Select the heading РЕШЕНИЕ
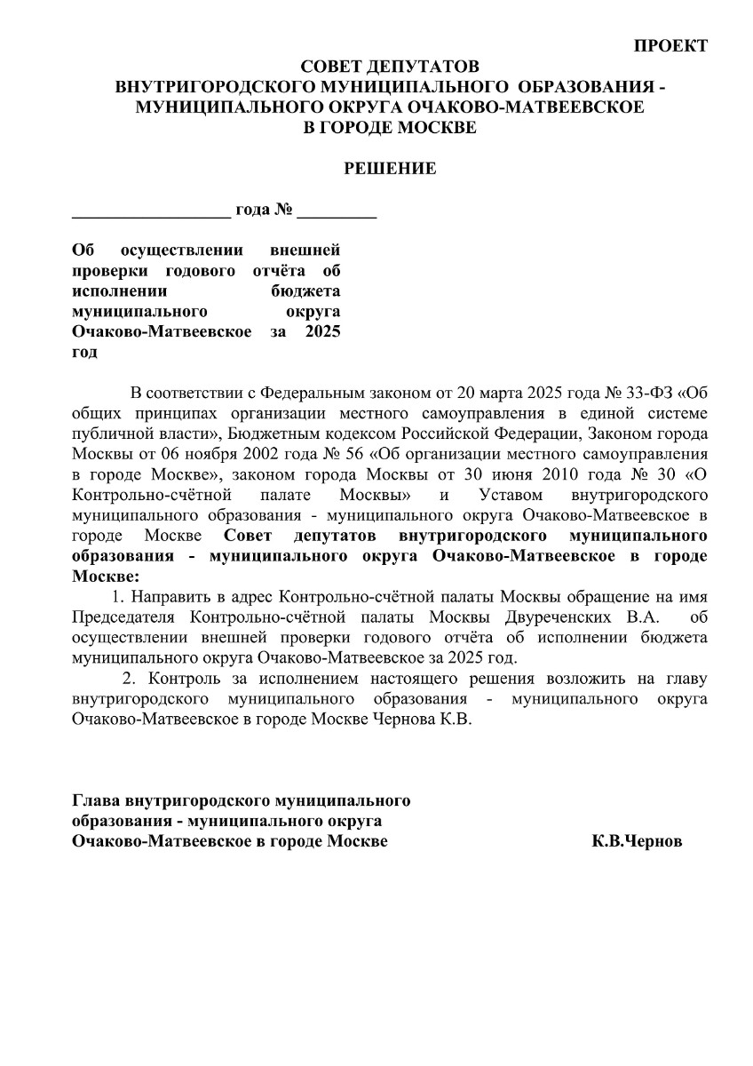[390, 168]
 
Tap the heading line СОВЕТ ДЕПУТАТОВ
[390, 67]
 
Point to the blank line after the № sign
[337, 213]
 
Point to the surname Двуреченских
[567, 617]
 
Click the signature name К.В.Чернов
[637, 841]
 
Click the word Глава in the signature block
[96, 800]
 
